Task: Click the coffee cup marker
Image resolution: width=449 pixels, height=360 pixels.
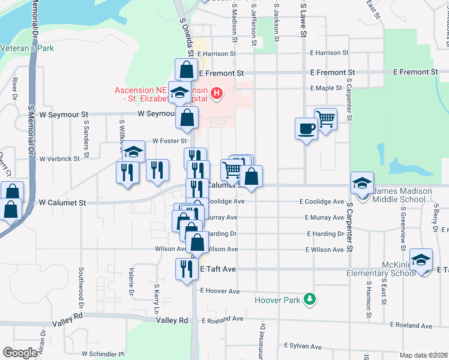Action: (306, 128)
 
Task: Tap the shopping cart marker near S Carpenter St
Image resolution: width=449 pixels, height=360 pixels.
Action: (326, 119)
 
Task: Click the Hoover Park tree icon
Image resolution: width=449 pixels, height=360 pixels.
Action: (309, 299)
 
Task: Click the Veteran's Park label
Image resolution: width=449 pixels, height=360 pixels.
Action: (28, 48)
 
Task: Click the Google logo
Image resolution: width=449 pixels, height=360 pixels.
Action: (20, 353)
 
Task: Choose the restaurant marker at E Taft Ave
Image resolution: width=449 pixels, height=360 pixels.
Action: (186, 268)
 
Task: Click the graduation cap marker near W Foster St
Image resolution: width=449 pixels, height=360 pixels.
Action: (135, 152)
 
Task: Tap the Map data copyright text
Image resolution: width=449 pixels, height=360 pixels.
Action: (424, 355)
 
